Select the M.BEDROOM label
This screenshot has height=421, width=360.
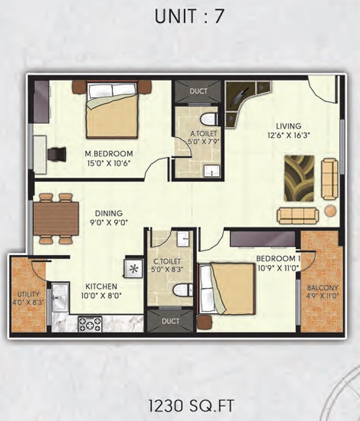(109, 154)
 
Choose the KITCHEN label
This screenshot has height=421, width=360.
(102, 286)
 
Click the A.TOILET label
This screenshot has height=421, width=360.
(204, 133)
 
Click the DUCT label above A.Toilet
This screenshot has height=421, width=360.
(198, 91)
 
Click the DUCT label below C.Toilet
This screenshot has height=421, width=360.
(171, 321)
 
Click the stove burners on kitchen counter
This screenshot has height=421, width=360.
(90, 323)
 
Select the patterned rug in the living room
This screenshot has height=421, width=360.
(299, 178)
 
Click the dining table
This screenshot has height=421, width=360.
(56, 218)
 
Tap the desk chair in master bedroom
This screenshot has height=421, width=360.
(58, 154)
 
